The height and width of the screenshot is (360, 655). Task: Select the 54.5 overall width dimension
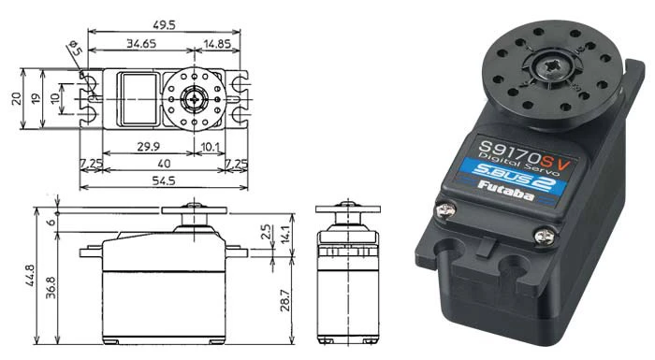click(x=166, y=180)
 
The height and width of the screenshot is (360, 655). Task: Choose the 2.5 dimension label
click(x=268, y=230)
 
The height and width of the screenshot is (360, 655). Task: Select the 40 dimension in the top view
click(x=166, y=163)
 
